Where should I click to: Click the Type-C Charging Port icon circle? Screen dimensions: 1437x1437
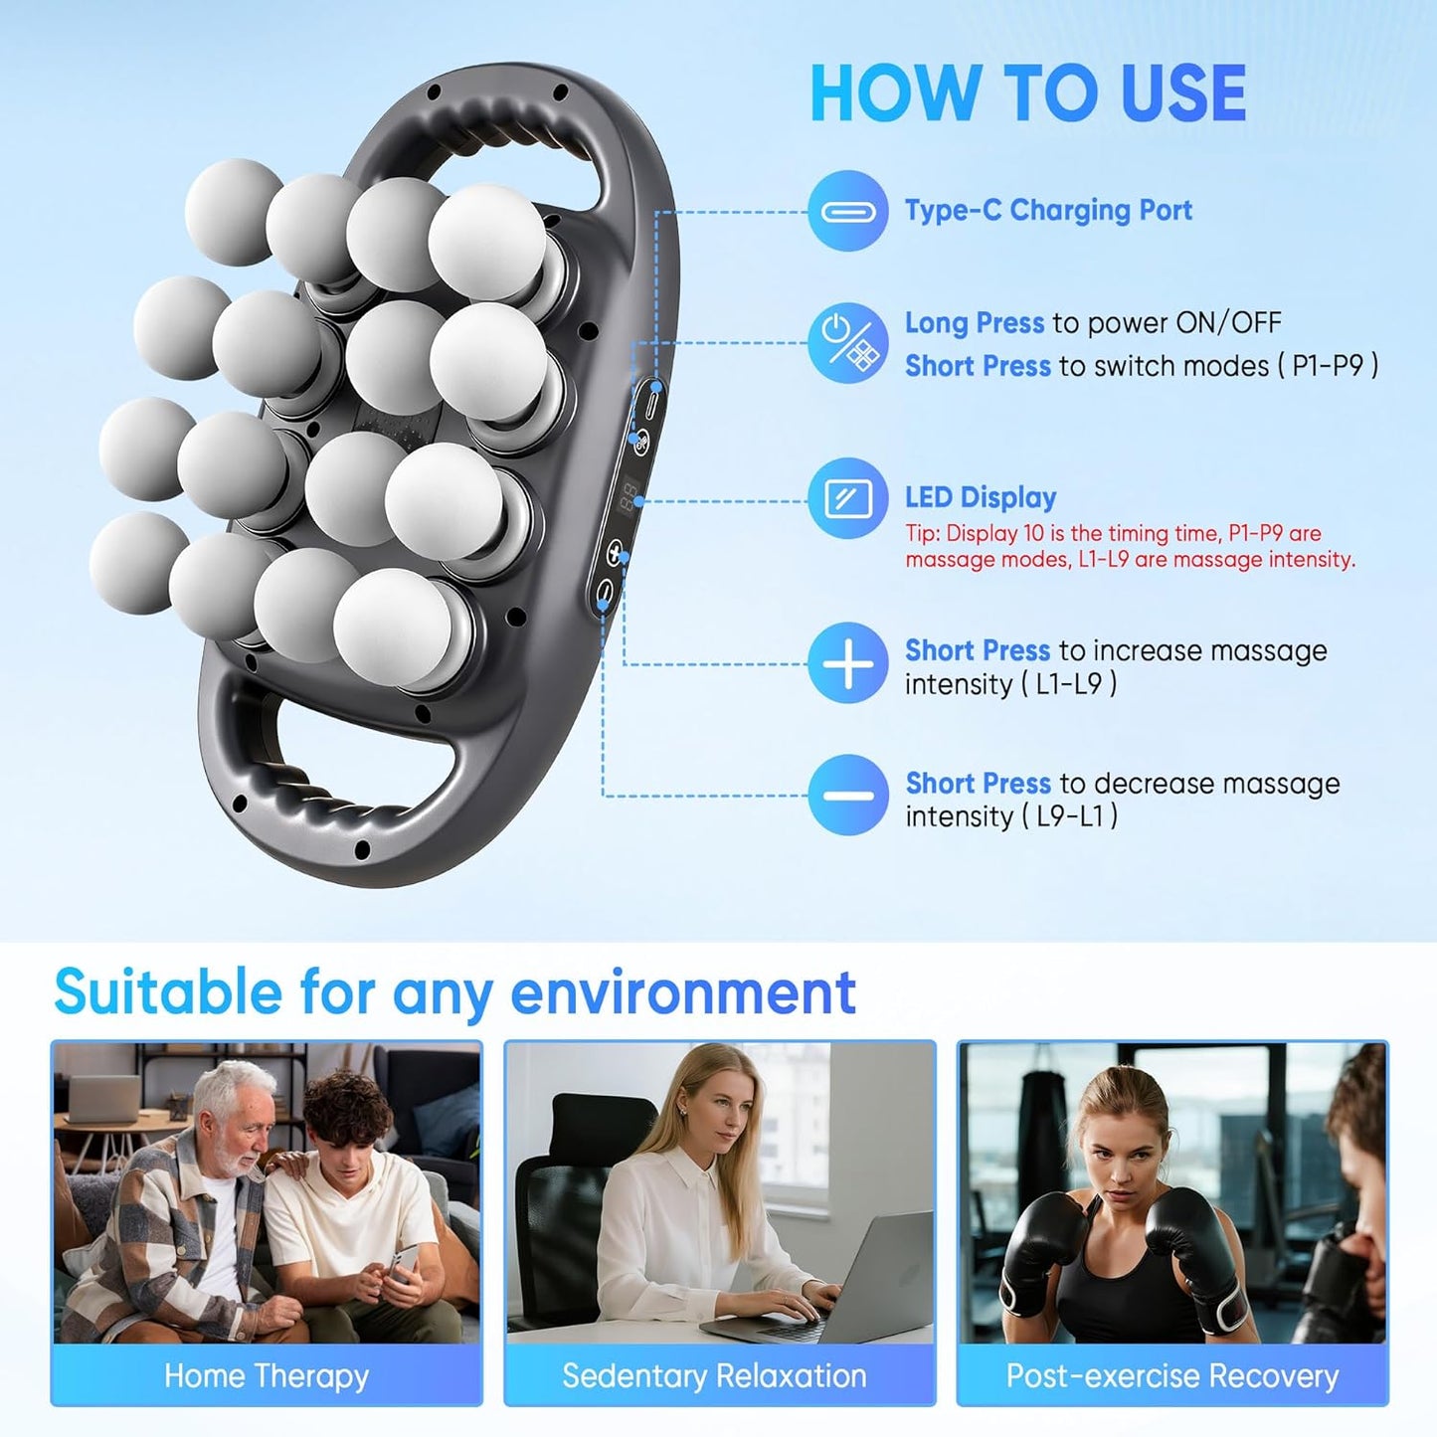click(x=847, y=211)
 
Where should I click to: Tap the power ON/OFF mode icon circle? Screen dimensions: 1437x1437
click(x=847, y=343)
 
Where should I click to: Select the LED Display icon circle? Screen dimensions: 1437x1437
click(x=847, y=497)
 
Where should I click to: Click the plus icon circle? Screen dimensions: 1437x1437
click(x=847, y=663)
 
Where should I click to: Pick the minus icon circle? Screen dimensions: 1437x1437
click(x=847, y=795)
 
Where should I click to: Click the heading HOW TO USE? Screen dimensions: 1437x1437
click(x=1027, y=93)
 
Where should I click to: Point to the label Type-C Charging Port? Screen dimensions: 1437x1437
click(x=1048, y=211)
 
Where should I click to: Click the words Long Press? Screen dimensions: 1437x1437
click(x=974, y=323)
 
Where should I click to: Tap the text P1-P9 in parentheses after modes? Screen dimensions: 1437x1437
click(x=1328, y=366)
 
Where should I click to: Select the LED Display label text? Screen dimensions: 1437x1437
click(x=981, y=497)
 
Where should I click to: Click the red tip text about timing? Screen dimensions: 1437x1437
click(x=1130, y=546)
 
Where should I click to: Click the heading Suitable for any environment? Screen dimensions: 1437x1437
click(x=454, y=991)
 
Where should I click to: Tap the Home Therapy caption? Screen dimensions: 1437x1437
click(x=267, y=1376)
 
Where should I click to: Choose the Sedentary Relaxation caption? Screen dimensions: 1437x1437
click(x=714, y=1376)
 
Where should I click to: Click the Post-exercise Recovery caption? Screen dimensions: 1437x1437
click(x=1171, y=1376)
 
